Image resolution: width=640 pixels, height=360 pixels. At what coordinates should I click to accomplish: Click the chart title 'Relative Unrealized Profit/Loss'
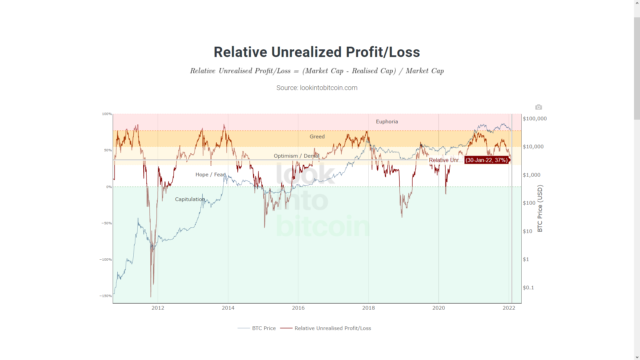pos(317,52)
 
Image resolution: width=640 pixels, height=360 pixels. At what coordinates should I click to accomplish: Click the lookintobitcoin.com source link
pos(328,88)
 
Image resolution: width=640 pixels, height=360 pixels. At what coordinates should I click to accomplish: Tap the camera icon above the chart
pos(538,107)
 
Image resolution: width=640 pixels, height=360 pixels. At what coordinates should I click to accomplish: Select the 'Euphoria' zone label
pos(387,122)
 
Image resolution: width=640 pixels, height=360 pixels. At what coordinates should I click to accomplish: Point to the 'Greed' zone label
pos(317,137)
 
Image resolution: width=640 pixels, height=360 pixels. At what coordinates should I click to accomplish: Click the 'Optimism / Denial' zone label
pos(296,156)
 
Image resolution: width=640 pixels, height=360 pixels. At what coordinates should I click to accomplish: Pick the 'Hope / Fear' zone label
pos(210,175)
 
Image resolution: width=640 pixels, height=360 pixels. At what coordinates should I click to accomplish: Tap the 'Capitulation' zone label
pos(190,199)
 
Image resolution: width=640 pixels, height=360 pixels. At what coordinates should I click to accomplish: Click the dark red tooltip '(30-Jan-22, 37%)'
pos(486,160)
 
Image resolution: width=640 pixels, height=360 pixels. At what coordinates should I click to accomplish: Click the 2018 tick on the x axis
pos(368,308)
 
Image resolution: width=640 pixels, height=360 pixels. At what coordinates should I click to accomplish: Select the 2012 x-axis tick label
pos(158,308)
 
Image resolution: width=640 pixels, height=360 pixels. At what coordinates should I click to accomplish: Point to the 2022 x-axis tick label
pos(509,308)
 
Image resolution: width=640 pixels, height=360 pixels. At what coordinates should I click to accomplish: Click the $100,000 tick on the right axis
pos(535,119)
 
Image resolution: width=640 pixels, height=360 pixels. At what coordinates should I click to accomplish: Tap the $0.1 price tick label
pos(528,288)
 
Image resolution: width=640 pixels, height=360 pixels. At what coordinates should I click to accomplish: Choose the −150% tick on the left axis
pos(106,296)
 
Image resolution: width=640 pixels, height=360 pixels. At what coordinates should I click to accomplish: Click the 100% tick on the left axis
pos(107,114)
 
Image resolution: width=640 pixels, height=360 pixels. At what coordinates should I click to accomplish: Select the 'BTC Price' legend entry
pos(264,328)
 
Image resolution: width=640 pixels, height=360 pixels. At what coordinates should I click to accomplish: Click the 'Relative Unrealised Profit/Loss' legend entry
pos(332,328)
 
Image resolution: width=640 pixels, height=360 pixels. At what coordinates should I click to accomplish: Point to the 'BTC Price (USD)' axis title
pos(540,208)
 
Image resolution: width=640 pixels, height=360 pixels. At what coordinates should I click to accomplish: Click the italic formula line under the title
pos(317,71)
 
